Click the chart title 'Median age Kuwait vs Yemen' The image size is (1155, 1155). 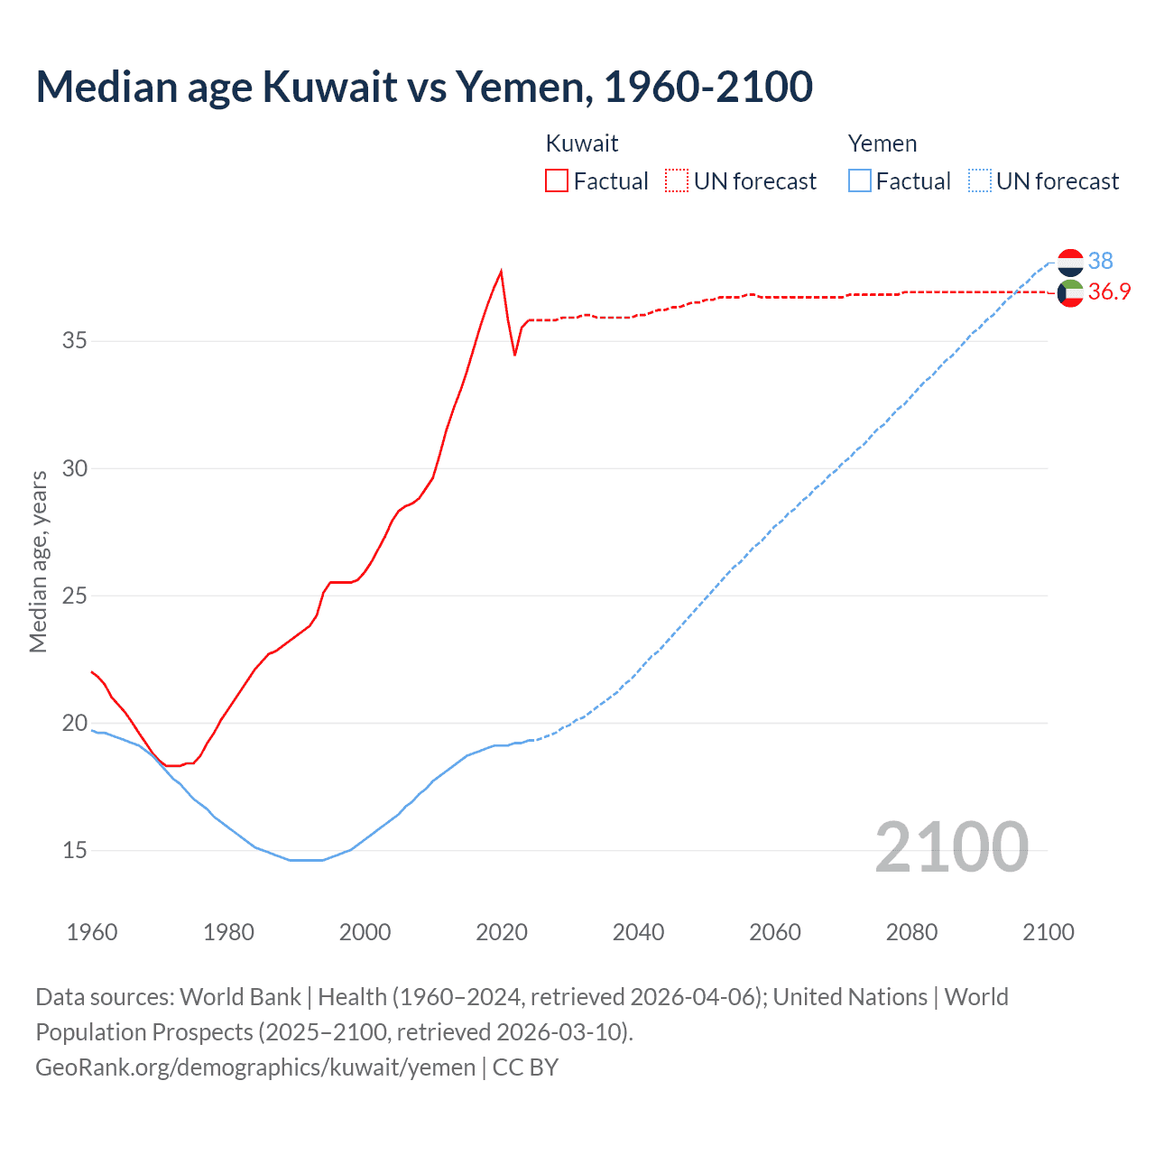click(424, 87)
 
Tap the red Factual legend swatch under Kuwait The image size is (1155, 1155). click(557, 181)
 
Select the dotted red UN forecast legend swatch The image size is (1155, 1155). click(677, 181)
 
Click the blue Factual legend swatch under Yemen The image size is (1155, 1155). click(860, 181)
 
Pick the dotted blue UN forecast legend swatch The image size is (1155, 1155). click(980, 181)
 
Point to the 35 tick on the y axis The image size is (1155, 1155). click(75, 341)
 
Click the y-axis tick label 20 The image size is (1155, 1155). click(75, 723)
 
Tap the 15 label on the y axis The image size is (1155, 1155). click(75, 850)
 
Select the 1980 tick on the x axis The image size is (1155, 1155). click(228, 932)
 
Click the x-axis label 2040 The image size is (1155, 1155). click(638, 932)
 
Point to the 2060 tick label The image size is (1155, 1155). click(775, 932)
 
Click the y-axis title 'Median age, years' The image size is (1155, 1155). click(38, 561)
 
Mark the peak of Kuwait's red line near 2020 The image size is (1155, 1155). click(501, 271)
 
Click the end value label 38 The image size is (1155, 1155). click(1100, 261)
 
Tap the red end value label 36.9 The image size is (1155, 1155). click(1109, 291)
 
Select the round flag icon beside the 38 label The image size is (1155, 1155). click(1070, 263)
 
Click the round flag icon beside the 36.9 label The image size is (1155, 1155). click(1070, 293)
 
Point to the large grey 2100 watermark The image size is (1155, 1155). click(951, 846)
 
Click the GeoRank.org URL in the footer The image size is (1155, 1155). click(255, 1067)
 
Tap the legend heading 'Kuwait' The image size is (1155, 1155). click(582, 143)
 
